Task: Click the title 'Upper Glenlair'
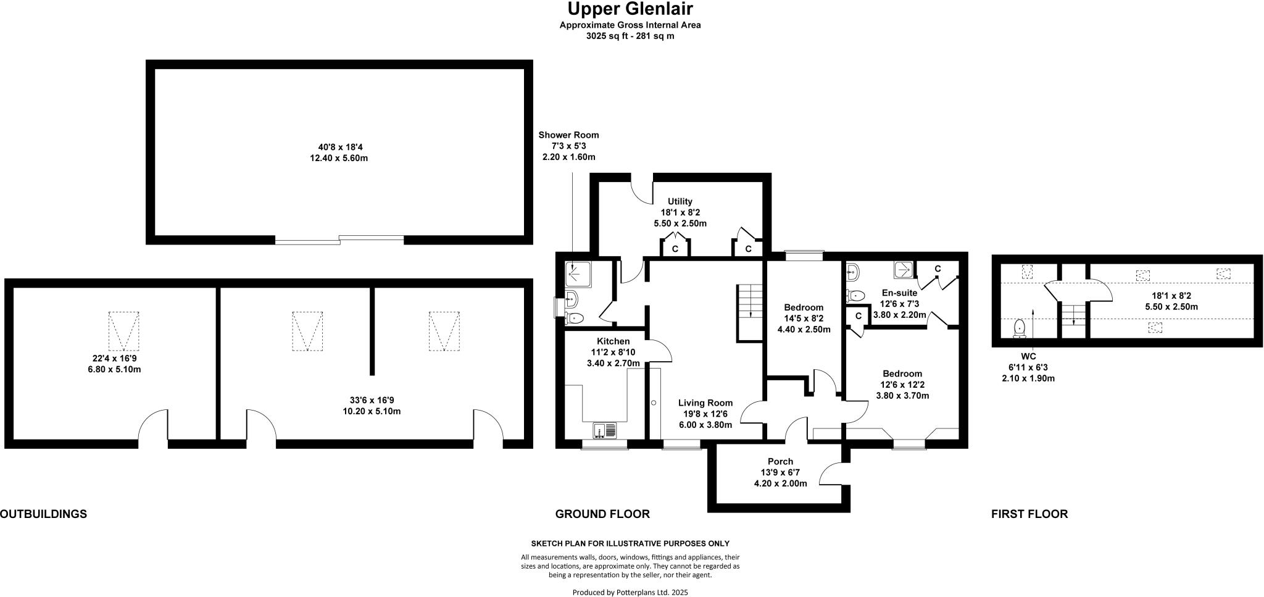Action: pyautogui.click(x=630, y=9)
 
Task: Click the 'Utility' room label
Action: pyautogui.click(x=680, y=201)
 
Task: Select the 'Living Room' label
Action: pyautogui.click(x=705, y=403)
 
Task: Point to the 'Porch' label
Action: pyautogui.click(x=780, y=461)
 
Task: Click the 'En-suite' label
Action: pyautogui.click(x=899, y=293)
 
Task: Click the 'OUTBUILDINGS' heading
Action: pyautogui.click(x=43, y=514)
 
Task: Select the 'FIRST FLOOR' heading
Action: pyautogui.click(x=1029, y=514)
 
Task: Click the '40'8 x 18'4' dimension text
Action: pyautogui.click(x=339, y=147)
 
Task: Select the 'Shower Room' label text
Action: pyautogui.click(x=568, y=135)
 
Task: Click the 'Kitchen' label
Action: pyautogui.click(x=613, y=341)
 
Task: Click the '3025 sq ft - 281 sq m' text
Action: pyautogui.click(x=630, y=36)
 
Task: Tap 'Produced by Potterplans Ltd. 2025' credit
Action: pyautogui.click(x=630, y=592)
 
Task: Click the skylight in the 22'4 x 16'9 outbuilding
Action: pyautogui.click(x=124, y=331)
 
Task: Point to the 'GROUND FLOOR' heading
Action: pyautogui.click(x=602, y=514)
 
